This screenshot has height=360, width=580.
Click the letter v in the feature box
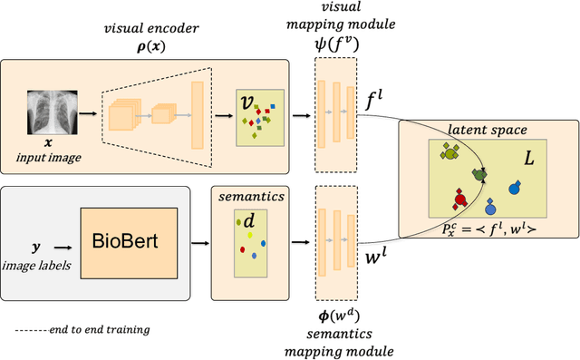247,102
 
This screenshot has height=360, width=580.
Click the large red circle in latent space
459,198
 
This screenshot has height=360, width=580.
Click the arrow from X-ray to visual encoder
87,113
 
